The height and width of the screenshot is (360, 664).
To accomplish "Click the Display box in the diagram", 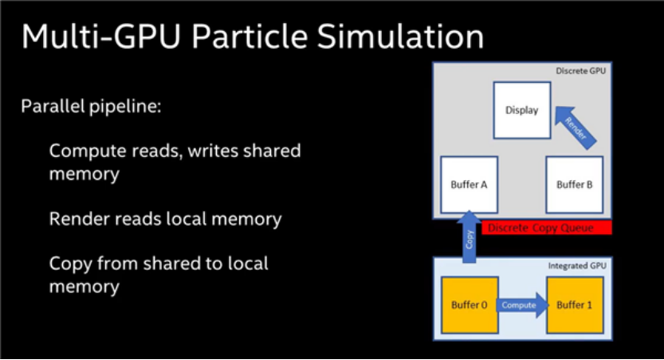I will click(522, 110).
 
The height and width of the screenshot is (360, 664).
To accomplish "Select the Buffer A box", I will click(469, 184).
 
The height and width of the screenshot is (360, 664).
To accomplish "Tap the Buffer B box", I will click(574, 184).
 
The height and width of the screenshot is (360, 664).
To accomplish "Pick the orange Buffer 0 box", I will click(469, 305).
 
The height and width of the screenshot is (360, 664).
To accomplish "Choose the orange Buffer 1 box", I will click(575, 305).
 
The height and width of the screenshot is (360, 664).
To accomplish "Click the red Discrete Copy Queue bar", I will click(546, 228).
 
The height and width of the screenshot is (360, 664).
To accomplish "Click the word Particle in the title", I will click(262, 37).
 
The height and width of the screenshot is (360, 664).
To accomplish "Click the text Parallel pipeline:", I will click(91, 106).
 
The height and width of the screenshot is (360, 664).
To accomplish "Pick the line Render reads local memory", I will click(165, 219).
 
